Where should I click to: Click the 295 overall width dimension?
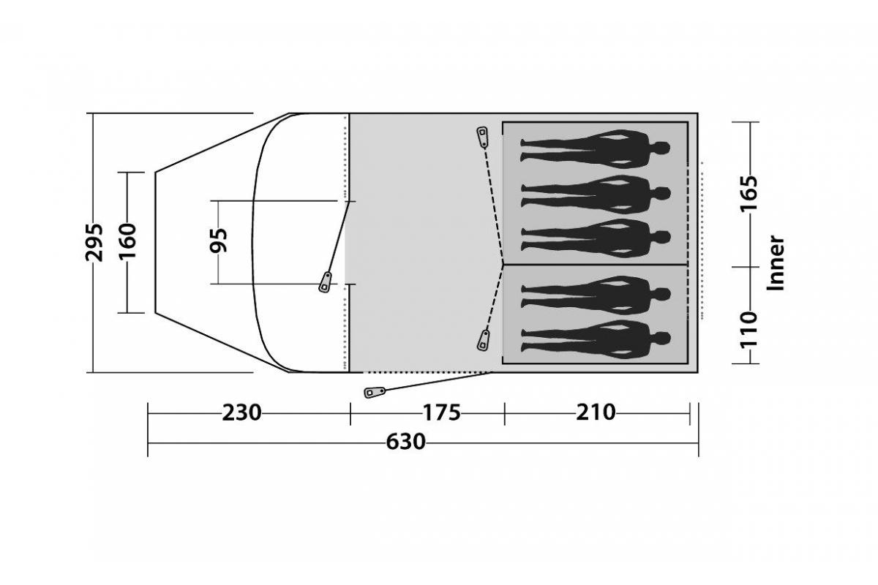point(94,243)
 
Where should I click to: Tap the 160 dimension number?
point(128,241)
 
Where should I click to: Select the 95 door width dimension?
point(219,240)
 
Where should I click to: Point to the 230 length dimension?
point(241,412)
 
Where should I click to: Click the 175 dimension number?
point(441,412)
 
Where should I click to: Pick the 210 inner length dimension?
point(596,412)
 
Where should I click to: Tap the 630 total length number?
point(405,442)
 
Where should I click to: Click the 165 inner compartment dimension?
point(748,194)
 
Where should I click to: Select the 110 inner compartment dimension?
point(748,330)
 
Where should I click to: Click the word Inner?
point(776,263)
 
